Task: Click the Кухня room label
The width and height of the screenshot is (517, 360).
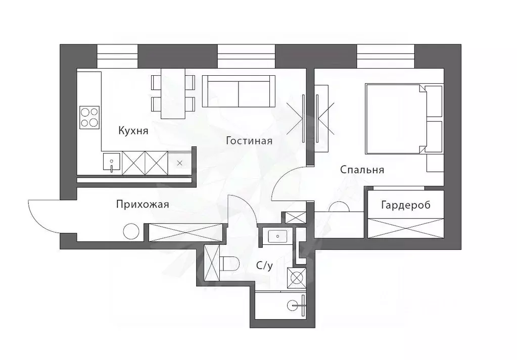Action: click(x=133, y=131)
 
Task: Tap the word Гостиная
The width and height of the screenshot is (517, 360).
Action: click(x=249, y=141)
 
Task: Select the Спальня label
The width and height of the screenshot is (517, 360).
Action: click(x=362, y=170)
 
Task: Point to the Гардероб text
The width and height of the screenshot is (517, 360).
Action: click(x=405, y=205)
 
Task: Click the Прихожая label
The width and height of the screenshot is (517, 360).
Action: click(x=143, y=204)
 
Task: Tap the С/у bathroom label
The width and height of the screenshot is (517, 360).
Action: click(x=264, y=266)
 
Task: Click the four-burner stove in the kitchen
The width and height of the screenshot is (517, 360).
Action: click(x=89, y=117)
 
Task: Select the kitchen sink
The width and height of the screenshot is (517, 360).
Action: click(x=112, y=163)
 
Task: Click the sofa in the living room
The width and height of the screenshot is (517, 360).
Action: click(x=239, y=91)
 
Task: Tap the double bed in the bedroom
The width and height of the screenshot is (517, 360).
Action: click(x=404, y=119)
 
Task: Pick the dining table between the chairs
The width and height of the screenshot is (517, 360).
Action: click(x=173, y=93)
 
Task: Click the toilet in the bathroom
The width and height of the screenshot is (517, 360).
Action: click(x=229, y=264)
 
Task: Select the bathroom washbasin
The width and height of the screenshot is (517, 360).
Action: click(x=277, y=236)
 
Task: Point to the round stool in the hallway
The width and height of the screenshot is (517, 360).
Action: click(x=131, y=232)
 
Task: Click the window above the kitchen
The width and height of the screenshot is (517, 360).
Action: click(x=117, y=57)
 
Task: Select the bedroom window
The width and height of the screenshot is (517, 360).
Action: click(x=386, y=57)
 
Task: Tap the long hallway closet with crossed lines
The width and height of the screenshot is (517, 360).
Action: click(x=185, y=233)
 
